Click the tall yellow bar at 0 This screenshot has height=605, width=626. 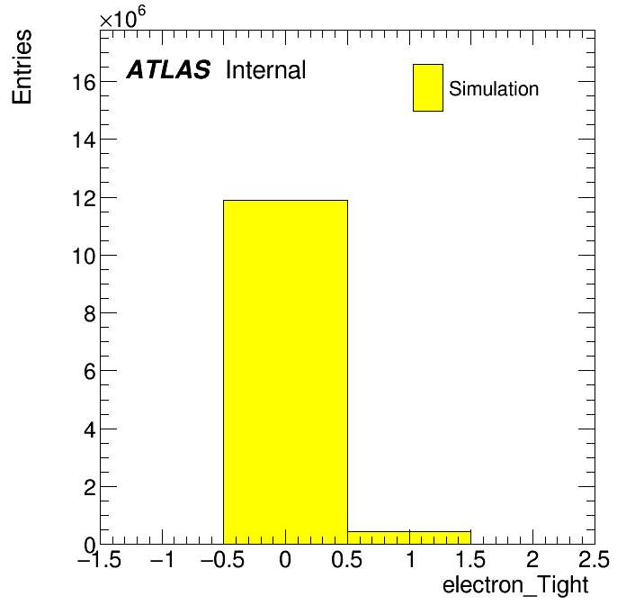285,372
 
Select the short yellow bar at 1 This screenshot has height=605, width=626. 409,537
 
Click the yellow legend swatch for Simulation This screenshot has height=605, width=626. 428,87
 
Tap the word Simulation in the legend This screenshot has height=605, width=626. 494,88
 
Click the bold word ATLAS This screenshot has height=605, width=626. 168,69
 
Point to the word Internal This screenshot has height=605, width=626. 266,69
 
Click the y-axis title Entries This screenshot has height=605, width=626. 22,67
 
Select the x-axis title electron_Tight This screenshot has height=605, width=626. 515,585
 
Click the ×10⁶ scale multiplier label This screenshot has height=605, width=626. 122,17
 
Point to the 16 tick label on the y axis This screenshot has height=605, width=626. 85,83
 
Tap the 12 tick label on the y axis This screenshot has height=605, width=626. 85,199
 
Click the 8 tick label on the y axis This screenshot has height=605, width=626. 90,314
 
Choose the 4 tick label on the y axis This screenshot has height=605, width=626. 90,430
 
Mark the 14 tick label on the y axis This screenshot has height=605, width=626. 85,140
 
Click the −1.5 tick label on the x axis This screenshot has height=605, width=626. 100,559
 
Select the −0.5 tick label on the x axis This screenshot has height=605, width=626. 223,559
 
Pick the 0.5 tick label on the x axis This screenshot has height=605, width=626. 347,559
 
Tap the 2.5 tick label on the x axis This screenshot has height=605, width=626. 594,559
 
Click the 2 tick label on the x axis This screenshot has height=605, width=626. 532,559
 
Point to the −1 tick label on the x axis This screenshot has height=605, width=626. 162,559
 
